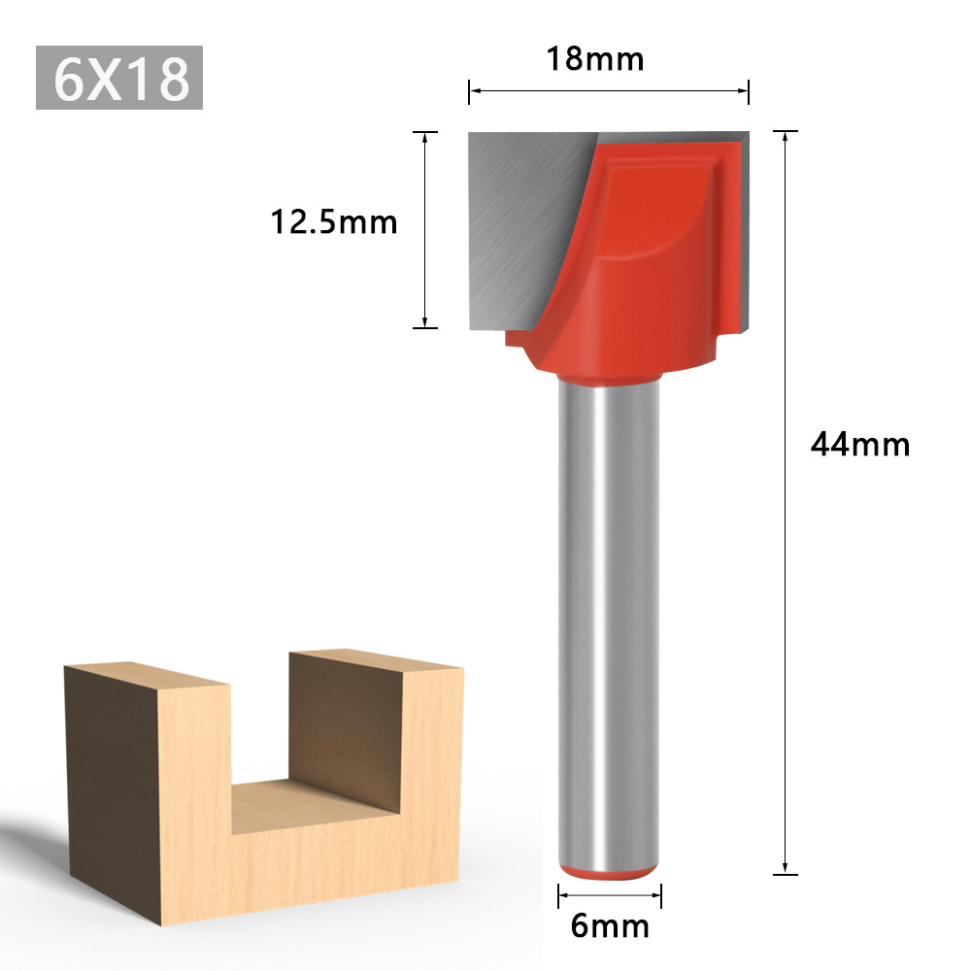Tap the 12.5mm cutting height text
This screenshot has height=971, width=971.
point(334,222)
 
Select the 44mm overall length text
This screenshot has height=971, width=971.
point(860,445)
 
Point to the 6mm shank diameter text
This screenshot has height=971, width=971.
point(610,926)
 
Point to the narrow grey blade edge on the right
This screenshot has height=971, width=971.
point(744,233)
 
